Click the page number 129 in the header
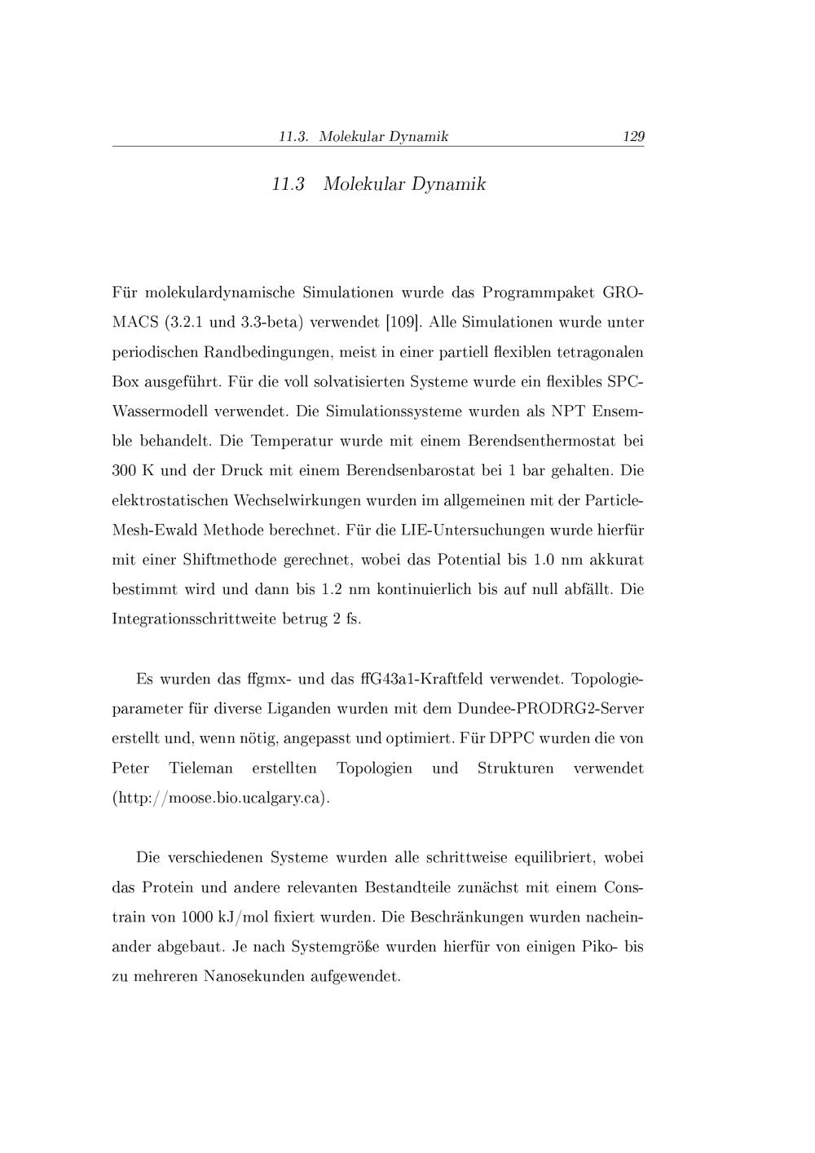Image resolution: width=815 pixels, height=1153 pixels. coord(632,137)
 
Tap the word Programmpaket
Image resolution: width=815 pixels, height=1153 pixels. coord(537,292)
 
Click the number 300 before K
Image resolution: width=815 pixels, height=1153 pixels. coord(124,471)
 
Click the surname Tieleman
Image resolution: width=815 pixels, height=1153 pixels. coord(200,768)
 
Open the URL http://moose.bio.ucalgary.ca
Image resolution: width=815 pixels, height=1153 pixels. coord(220,798)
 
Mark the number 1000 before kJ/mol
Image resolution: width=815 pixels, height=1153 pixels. coord(197,917)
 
